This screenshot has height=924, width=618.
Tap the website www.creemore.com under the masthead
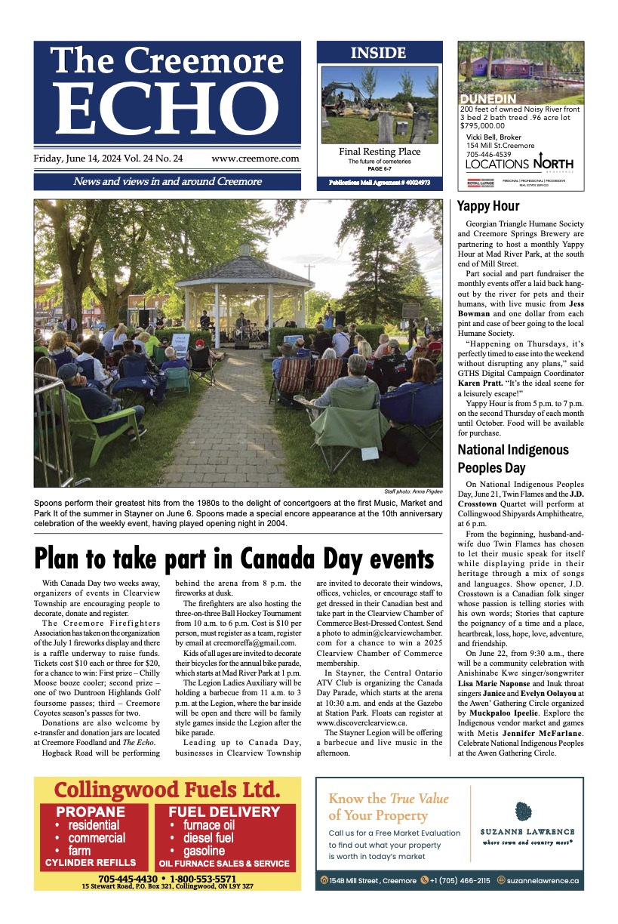click(x=255, y=159)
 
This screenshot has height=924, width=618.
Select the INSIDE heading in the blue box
click(x=378, y=53)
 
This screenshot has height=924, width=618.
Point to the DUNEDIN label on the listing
click(x=487, y=99)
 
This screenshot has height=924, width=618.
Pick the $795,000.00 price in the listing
click(x=483, y=126)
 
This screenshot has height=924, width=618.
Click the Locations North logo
click(x=519, y=164)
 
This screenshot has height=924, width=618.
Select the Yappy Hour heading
click(x=488, y=206)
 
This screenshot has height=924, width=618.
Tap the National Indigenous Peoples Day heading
click(x=512, y=458)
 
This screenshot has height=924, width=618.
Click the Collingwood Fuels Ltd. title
click(x=168, y=790)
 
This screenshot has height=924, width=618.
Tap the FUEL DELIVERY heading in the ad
click(x=224, y=812)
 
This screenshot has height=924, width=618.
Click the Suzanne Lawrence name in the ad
click(x=527, y=831)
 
